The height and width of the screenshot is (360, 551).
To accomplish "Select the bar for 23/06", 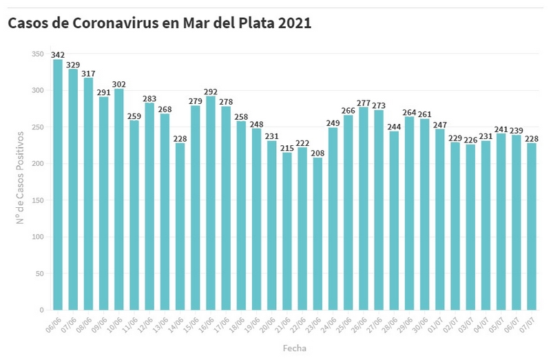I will (318, 234).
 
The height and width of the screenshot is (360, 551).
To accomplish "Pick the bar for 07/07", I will (531, 226).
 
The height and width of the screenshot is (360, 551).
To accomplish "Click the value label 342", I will (58, 54).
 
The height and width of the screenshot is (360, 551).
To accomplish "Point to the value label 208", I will (318, 153).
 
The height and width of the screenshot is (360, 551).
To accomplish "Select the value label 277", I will (364, 102).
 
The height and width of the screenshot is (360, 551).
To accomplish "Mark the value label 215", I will (287, 147).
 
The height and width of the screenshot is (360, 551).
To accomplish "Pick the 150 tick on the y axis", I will (37, 200).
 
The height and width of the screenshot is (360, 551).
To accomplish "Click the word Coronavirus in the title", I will (110, 23).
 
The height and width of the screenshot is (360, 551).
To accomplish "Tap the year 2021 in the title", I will (295, 23).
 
